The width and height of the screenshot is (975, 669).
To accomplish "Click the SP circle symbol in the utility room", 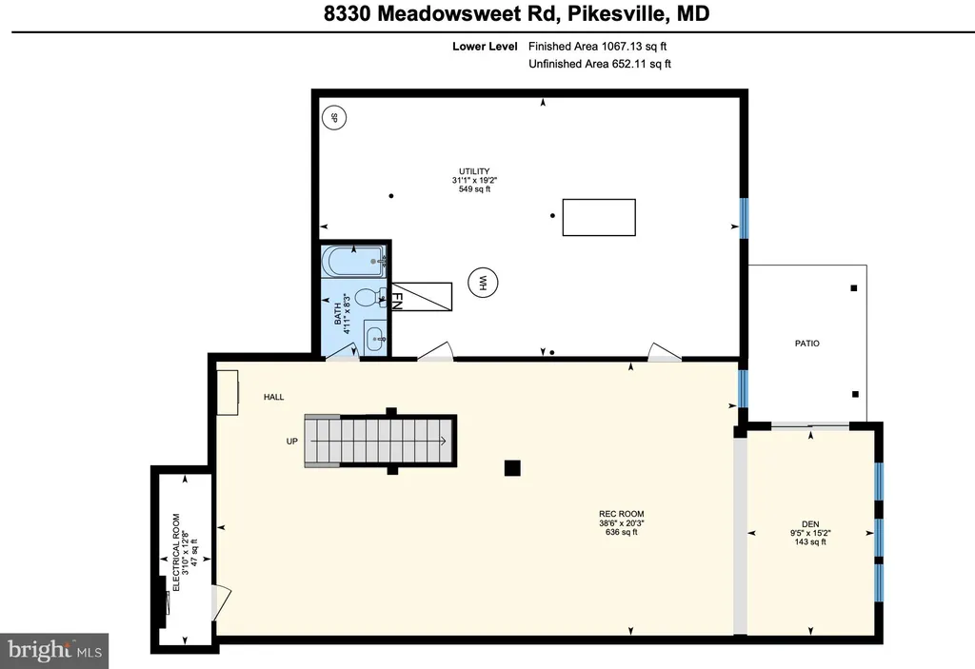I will pyautogui.click(x=332, y=119).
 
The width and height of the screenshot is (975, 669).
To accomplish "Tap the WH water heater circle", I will pyautogui.click(x=483, y=283).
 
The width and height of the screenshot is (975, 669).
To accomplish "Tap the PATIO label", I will pyautogui.click(x=806, y=344).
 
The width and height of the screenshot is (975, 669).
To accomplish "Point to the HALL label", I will pyautogui.click(x=274, y=397).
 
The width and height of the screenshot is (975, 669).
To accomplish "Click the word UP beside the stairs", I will pyautogui.click(x=292, y=442).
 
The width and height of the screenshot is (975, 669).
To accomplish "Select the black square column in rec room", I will pyautogui.click(x=512, y=467).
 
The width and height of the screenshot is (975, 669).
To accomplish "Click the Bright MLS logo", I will pyautogui.click(x=54, y=651).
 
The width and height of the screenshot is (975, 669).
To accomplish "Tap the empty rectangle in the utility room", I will pyautogui.click(x=599, y=217).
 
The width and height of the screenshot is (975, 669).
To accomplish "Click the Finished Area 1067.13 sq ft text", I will pyautogui.click(x=600, y=46).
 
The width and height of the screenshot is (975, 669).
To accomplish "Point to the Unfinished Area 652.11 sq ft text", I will pyautogui.click(x=600, y=65).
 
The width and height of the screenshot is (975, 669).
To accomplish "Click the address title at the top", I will pyautogui.click(x=487, y=15).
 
